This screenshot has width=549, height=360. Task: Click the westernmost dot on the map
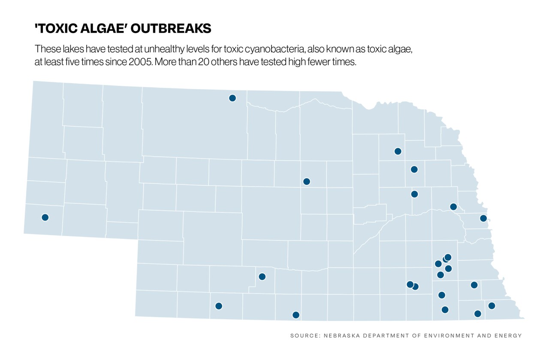[45, 218]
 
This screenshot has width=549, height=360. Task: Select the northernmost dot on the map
[232, 98]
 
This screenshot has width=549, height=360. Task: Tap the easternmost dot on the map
[492, 306]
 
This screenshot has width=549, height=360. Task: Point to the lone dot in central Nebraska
[306, 182]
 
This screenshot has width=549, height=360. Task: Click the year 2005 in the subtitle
[140, 61]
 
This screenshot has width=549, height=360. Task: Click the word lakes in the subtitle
[64, 48]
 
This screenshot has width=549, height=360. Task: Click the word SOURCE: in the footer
[304, 336]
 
